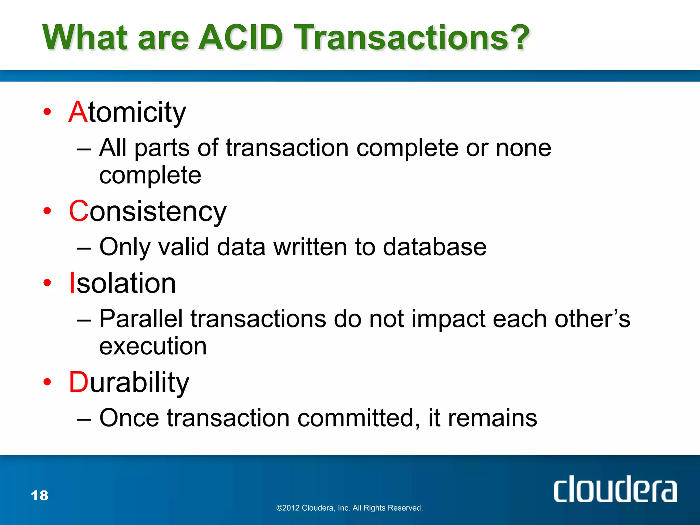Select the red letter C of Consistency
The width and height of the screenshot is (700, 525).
79,211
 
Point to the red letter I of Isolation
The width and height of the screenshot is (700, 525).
72,283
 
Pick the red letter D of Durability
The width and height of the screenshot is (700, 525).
79,382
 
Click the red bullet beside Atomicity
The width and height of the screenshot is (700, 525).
47,112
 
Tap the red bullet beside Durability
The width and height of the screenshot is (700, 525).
47,382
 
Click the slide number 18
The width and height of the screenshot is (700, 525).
40,496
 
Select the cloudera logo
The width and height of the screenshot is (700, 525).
615,489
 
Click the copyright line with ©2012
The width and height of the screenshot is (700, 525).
349,508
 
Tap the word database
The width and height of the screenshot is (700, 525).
434,247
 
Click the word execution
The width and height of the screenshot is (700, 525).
153,346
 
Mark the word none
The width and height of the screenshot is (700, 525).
523,148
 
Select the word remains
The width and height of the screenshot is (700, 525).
492,418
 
